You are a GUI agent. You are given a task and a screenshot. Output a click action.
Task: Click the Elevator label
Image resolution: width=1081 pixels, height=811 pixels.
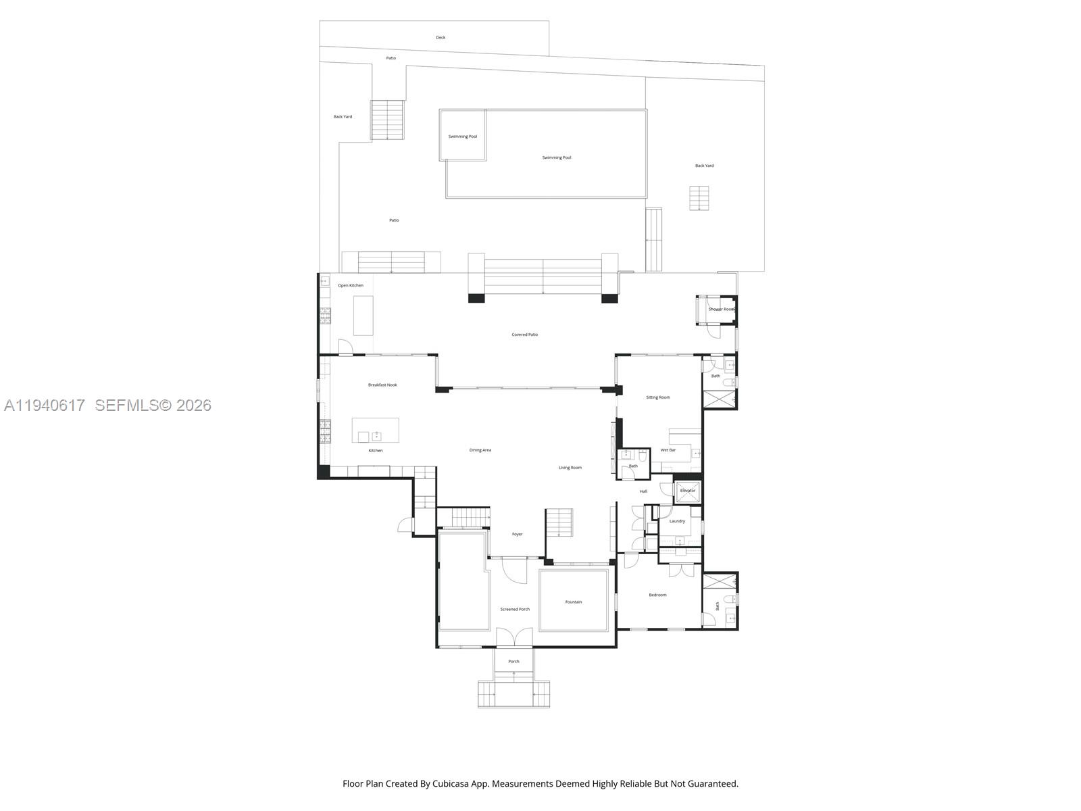coord(688,491)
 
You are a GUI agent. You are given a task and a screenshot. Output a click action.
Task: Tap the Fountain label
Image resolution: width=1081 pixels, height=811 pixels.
coord(574,602)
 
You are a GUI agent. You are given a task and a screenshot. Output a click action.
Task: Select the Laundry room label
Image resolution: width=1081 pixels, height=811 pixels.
coord(677,521)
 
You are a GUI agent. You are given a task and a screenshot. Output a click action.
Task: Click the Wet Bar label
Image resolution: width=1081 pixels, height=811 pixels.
coord(668,450)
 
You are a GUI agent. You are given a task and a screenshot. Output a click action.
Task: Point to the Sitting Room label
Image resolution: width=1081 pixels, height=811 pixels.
coord(658,397)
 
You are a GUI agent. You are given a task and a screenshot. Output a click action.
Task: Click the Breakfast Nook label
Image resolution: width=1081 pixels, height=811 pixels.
coord(382,385)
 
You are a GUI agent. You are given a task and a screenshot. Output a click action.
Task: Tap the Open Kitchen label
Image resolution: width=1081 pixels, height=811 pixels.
coord(351,286)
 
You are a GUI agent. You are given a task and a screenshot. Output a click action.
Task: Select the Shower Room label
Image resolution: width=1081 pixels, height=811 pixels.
coord(721,310)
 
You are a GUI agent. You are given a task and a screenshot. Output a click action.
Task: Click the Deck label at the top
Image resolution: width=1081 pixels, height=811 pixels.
coord(441,38)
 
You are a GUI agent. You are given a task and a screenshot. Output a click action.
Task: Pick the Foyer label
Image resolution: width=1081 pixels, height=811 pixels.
coord(517,535)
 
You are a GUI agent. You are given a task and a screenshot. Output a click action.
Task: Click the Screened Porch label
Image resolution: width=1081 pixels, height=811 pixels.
coord(515,610)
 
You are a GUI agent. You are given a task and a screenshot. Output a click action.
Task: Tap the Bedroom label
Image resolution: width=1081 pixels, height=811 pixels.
coord(657,595)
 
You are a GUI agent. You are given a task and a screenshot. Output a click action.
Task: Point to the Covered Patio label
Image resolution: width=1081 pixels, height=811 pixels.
coord(525,335)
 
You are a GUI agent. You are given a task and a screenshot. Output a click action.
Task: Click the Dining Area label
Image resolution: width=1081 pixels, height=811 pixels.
coord(480,450)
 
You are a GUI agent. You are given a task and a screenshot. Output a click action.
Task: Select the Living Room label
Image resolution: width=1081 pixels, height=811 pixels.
coord(570,468)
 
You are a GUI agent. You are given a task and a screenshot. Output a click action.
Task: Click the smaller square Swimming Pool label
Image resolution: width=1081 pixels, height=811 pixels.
coord(463,137)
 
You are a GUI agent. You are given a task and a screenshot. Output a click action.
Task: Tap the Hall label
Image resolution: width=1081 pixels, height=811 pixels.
coord(643,491)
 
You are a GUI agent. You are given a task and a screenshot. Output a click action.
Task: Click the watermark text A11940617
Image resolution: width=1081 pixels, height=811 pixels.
coord(45,405)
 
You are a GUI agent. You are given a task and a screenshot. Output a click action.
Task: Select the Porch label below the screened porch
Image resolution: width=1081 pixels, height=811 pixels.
coord(514,662)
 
